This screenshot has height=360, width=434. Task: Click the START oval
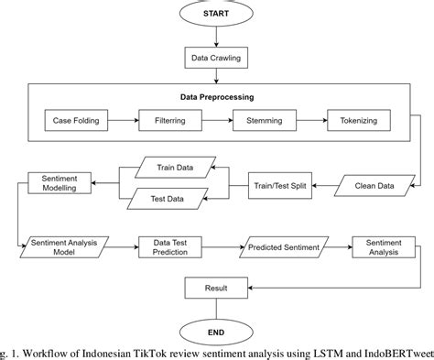[217, 16]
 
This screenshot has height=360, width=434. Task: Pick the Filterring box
[166, 120]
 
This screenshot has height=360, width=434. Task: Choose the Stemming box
[262, 120]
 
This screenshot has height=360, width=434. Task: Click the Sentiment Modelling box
[60, 181]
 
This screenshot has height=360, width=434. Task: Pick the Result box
[217, 289]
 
